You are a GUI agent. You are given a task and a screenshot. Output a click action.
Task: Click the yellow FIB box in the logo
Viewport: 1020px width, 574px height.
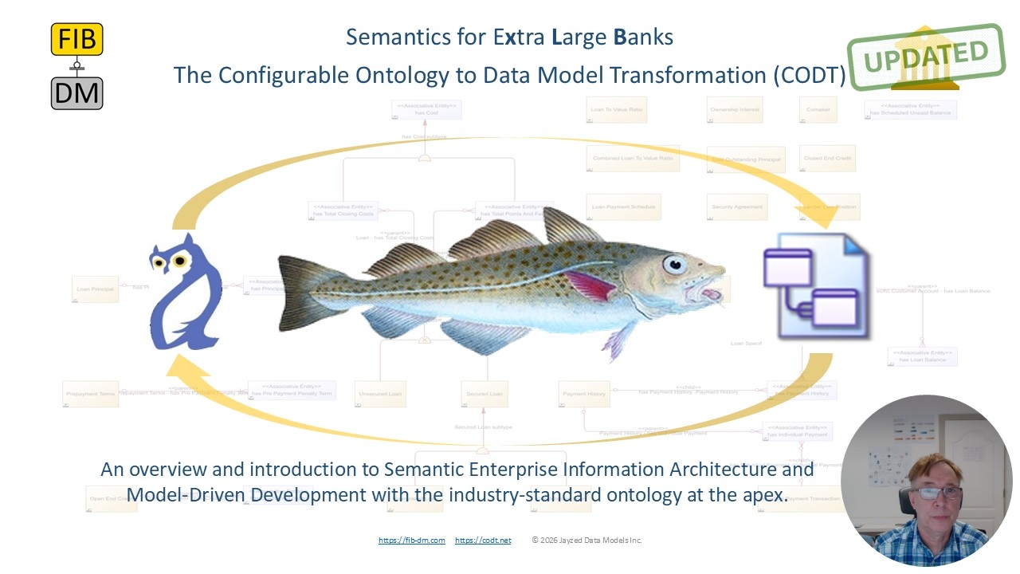[x=76, y=39]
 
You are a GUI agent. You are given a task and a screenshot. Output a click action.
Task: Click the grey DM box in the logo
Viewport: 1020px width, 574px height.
[x=76, y=93]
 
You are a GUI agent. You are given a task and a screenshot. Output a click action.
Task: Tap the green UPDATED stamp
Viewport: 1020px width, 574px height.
[x=925, y=56]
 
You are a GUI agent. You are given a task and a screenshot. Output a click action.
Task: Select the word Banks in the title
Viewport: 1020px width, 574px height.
[x=643, y=37]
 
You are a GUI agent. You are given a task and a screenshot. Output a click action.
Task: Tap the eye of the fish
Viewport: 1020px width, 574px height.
[x=675, y=264]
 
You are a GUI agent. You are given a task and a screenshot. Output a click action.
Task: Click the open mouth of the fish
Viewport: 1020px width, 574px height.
[x=712, y=293]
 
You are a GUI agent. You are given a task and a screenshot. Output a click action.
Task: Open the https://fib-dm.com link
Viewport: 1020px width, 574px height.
[x=411, y=541]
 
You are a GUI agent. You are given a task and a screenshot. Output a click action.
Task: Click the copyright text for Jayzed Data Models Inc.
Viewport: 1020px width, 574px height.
[x=587, y=541]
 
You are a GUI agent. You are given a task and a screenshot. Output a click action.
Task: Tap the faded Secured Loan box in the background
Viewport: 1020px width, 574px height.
[x=484, y=394]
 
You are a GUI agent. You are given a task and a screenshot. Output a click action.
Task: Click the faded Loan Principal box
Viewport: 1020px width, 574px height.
[x=95, y=288]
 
